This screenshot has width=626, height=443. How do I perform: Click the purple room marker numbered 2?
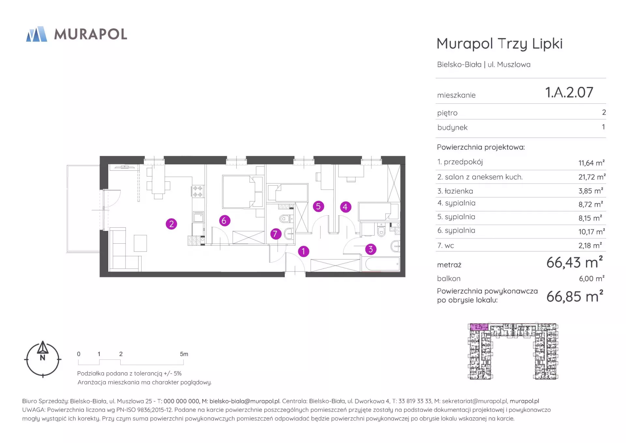coord(171,224)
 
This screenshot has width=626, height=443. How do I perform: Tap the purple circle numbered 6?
coord(224,221)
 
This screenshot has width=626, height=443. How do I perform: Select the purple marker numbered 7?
coord(276,234)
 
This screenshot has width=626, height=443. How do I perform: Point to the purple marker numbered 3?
coord(370,250)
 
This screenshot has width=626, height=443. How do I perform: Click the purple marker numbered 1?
coord(304,252)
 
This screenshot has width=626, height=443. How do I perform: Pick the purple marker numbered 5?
coord(319,206)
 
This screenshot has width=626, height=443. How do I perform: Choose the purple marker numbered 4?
coord(346,207)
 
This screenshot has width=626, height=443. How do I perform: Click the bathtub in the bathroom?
coord(381,264)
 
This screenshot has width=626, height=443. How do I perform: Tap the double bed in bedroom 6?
coord(243,192)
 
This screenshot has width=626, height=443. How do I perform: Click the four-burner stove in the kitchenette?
coord(198,191)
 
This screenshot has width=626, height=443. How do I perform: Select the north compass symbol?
coord(43,359)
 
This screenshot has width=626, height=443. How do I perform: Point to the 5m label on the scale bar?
coord(184,354)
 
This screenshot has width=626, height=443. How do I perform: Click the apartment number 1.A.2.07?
coord(569,92)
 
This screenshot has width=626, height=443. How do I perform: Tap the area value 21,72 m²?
coord(592,177)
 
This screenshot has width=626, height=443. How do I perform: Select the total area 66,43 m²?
coord(574,262)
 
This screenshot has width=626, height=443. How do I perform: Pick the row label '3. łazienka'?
coord(455,191)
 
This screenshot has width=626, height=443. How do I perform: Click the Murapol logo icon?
coord(37,34)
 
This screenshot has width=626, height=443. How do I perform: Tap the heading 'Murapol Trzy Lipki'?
coord(499,44)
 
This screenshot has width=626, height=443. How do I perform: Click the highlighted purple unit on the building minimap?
coord(479,327)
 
